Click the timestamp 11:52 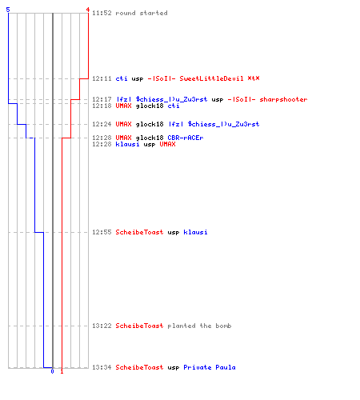tap(102, 13)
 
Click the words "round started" tap(142, 13)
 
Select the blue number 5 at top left tap(8, 10)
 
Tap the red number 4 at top tap(88, 10)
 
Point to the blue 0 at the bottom tap(52, 371)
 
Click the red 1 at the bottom tap(62, 371)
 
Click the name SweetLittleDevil tap(211, 78)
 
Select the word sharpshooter tap(283, 99)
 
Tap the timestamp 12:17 tap(102, 99)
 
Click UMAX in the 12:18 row tap(123, 106)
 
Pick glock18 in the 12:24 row tap(150, 124)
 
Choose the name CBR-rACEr tap(186, 138)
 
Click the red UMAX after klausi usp tap(167, 144)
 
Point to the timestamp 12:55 tap(102, 232)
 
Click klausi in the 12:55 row tap(195, 232)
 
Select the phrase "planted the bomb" tap(199, 326)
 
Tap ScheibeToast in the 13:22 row tap(139, 326)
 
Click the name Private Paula tap(210, 367)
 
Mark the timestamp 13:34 tap(102, 367)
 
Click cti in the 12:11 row tap(122, 78)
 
